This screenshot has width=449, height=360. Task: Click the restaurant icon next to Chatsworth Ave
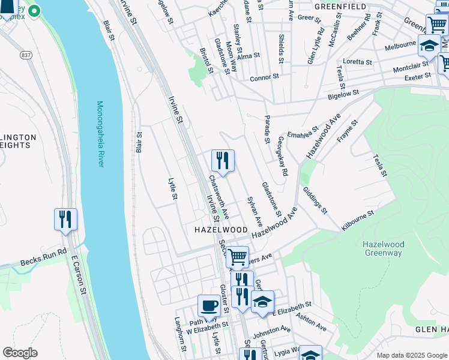click(223, 161)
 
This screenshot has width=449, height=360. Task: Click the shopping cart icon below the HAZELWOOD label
click(237, 257)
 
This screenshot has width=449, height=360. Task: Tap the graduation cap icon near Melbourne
click(429, 46)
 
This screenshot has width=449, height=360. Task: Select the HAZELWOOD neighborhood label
click(221, 230)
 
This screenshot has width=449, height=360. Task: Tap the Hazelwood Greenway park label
click(384, 248)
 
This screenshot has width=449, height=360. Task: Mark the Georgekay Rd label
click(282, 155)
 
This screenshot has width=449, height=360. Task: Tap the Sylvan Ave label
click(255, 211)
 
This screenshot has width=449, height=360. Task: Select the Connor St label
click(265, 77)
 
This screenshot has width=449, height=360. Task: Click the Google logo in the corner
click(20, 353)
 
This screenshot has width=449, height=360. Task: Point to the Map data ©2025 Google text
click(411, 355)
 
